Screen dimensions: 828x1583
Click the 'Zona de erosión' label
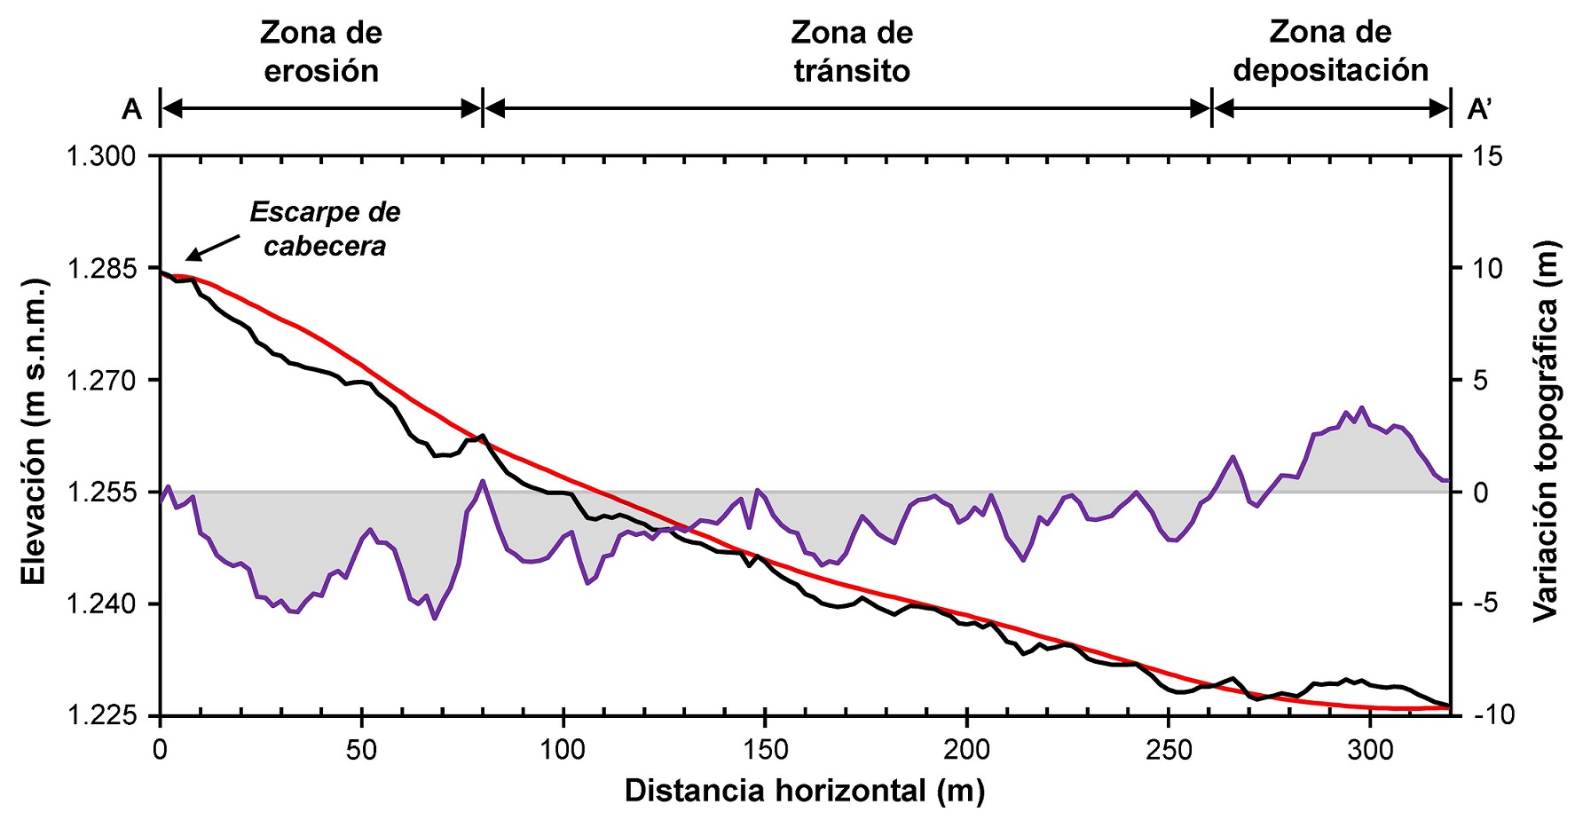[x=321, y=52]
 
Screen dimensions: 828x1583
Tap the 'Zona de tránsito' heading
[x=852, y=52]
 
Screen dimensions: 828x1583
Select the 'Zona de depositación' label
[x=1330, y=51]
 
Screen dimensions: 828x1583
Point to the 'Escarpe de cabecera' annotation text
[x=325, y=229]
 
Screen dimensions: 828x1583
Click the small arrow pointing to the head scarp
[x=213, y=248]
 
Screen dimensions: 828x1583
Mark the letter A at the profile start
[x=131, y=109]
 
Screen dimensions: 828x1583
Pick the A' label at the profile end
[x=1479, y=109]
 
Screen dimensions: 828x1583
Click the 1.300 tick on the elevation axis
[x=101, y=156]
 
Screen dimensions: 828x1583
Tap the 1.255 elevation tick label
[x=101, y=492]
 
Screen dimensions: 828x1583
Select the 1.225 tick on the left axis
[x=101, y=715]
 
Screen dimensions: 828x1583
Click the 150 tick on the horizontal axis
[x=765, y=751]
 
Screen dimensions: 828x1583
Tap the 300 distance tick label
[x=1370, y=751]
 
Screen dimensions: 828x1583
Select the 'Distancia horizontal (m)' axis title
[x=804, y=791]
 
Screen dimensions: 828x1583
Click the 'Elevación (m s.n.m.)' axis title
[x=33, y=431]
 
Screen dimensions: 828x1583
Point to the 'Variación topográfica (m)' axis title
[x=1546, y=431]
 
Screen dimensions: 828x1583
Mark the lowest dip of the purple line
[x=434, y=618]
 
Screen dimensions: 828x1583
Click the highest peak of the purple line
[x=1362, y=407]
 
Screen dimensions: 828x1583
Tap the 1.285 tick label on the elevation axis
[x=101, y=268]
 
